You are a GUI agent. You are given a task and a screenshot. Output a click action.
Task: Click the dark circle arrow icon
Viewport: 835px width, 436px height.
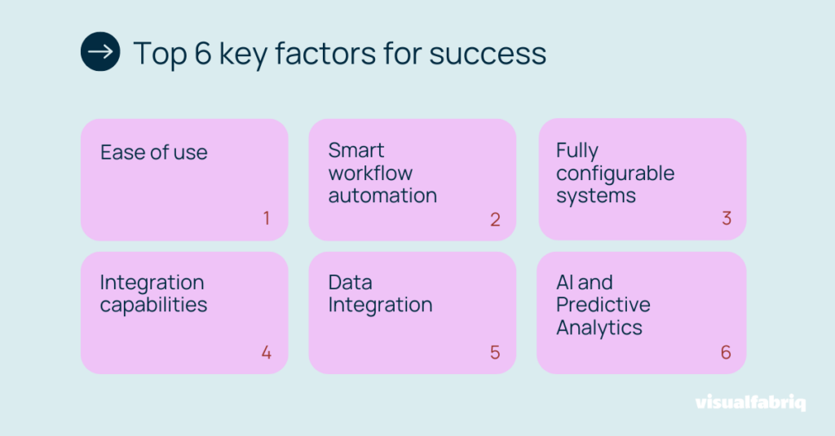tap(100, 51)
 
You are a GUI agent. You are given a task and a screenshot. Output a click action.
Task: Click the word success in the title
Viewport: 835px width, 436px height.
tap(488, 54)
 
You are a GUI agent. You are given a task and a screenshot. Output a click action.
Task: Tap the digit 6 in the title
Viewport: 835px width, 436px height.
tap(203, 53)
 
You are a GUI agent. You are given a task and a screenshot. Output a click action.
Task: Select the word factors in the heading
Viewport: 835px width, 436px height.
tap(325, 53)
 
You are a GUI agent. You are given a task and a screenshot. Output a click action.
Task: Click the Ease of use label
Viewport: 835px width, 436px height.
tap(154, 152)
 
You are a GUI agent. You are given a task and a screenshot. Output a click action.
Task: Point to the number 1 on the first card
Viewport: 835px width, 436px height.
tap(267, 218)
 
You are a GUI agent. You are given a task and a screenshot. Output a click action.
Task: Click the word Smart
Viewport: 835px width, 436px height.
tap(356, 150)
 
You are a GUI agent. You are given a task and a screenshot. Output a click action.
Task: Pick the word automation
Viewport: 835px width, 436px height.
tap(382, 196)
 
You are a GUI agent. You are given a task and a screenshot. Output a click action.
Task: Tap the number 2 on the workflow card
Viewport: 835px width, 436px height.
tap(495, 219)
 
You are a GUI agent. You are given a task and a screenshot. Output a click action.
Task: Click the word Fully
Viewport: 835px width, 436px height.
tap(577, 151)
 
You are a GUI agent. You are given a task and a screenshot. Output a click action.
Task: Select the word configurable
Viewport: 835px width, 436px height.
tap(615, 174)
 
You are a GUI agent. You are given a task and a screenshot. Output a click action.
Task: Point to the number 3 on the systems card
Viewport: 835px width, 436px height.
tap(727, 218)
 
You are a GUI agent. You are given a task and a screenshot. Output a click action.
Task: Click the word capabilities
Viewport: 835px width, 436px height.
tap(153, 305)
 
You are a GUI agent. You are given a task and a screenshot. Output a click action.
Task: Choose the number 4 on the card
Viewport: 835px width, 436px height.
tap(267, 352)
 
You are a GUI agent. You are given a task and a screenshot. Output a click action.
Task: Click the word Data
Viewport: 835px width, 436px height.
tap(350, 282)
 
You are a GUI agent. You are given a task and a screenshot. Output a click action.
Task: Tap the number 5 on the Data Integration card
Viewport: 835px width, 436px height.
tap(495, 352)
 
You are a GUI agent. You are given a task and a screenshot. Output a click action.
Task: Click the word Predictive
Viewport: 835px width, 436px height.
tap(603, 305)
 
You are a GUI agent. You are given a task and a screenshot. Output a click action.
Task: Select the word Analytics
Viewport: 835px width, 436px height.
tap(599, 328)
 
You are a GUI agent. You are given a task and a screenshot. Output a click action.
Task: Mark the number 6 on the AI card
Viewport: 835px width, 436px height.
tap(726, 352)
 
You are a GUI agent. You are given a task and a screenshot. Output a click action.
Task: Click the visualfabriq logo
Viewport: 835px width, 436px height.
tap(750, 403)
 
